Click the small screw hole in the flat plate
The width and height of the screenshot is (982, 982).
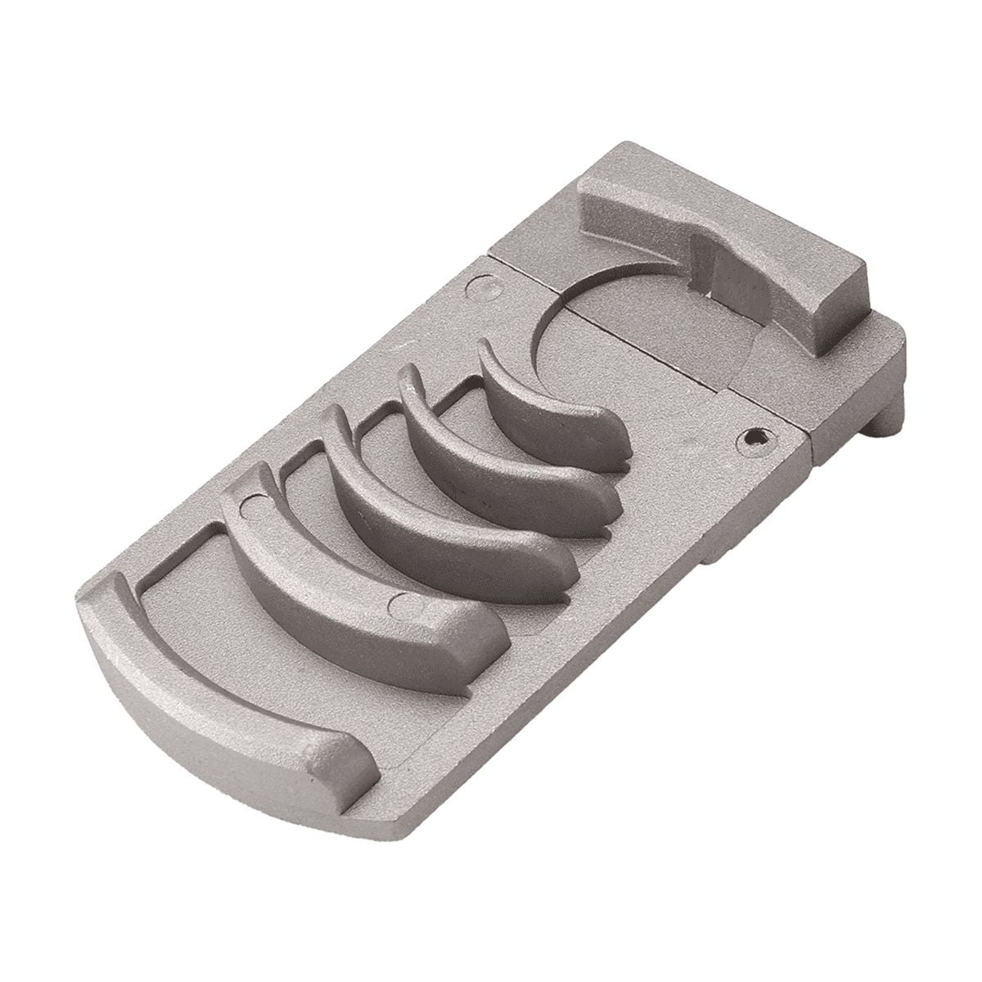754,438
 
